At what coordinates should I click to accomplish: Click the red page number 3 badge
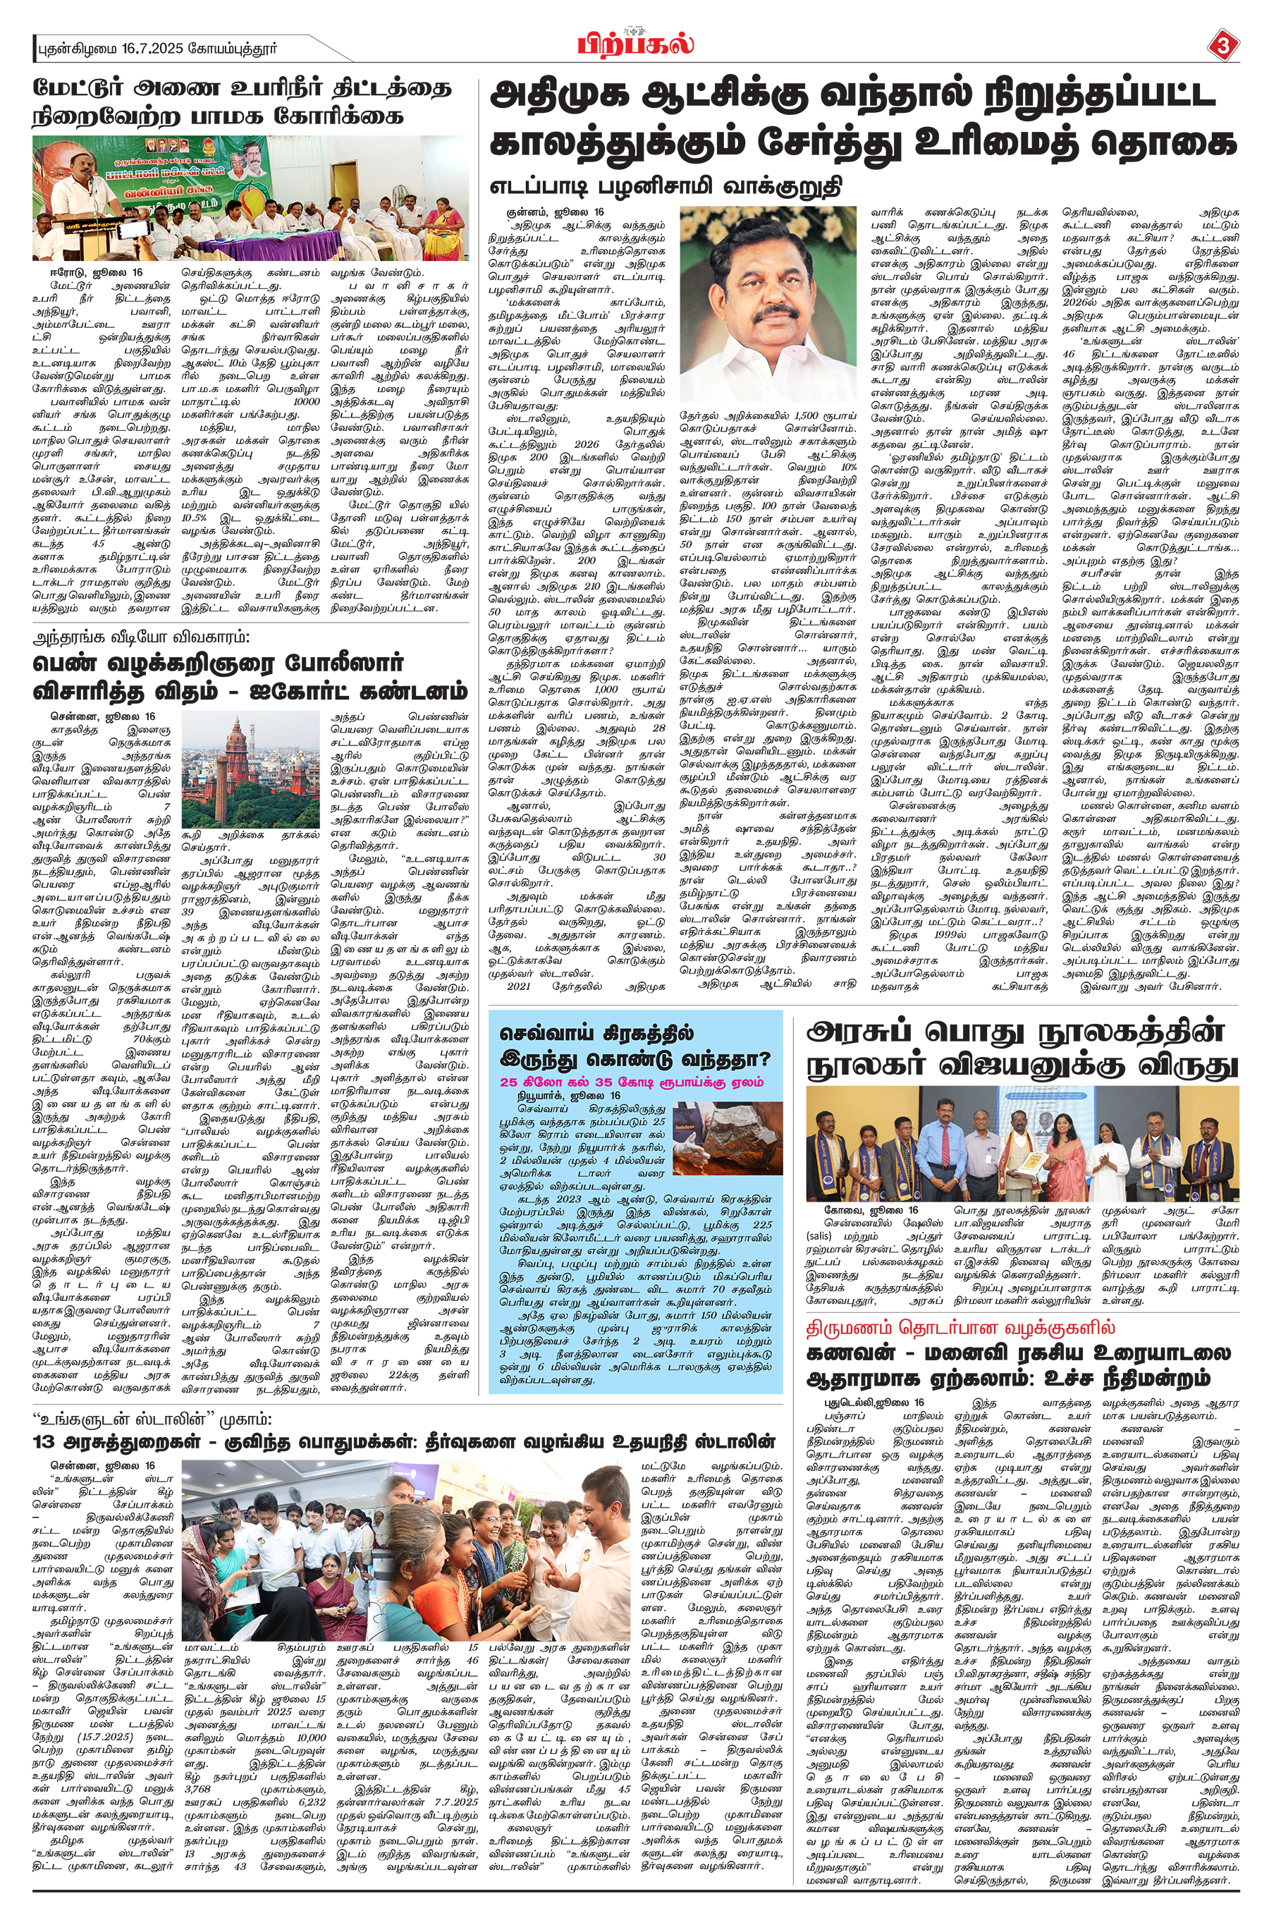[1223, 46]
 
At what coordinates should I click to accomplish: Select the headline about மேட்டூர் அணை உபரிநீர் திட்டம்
[240, 101]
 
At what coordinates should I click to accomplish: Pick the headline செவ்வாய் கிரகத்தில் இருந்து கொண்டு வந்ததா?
[635, 1046]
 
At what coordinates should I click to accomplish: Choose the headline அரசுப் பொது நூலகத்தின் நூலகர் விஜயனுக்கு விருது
[1022, 1048]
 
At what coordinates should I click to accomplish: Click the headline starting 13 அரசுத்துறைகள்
[403, 1441]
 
